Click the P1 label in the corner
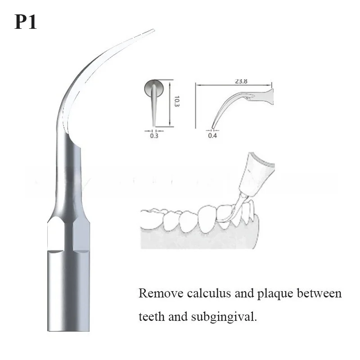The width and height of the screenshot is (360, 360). click(x=25, y=22)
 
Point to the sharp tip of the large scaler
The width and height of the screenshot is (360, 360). click(x=153, y=30)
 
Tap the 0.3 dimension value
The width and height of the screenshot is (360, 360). click(x=154, y=135)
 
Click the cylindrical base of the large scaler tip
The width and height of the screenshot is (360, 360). click(x=68, y=292)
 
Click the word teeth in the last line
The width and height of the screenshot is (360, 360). click(x=151, y=317)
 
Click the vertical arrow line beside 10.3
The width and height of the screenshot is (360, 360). click(x=170, y=103)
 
